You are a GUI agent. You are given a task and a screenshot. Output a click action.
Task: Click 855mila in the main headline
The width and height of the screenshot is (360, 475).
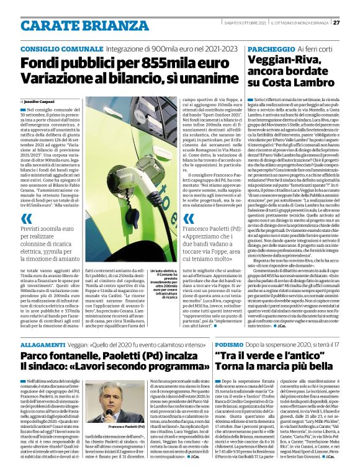click(145, 63)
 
